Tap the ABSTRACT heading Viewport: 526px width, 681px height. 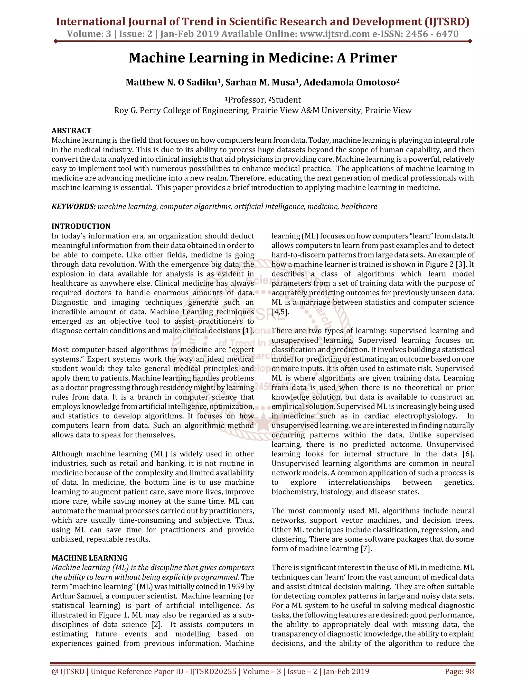[71, 130]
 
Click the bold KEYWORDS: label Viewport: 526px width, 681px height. [73, 206]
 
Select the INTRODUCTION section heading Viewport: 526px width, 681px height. [81, 226]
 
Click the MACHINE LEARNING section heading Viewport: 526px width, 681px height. [89, 558]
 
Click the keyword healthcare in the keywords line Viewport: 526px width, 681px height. [359, 206]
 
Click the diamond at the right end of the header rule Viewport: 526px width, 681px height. [470, 41]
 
